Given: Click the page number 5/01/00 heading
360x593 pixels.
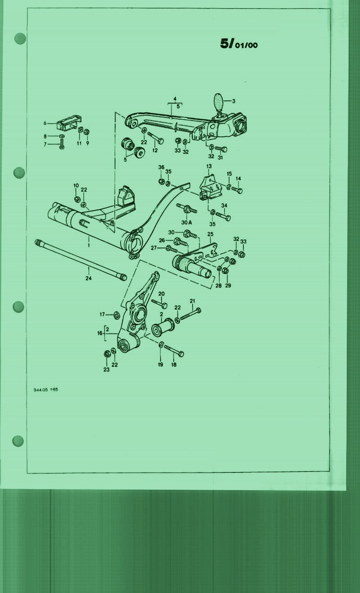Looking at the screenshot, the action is pos(239,44).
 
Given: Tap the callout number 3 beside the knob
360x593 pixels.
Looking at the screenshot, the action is pos(234,101).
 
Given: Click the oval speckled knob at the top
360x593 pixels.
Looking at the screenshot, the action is pos(219,102).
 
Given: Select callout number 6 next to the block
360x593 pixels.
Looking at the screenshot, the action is pos(45,123).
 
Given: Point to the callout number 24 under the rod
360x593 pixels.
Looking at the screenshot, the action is pos(88,278).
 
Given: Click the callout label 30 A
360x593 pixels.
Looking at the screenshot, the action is pos(187,223).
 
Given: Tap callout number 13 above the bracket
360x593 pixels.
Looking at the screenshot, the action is pos(209,166).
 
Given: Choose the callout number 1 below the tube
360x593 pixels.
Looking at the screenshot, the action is pos(89,245).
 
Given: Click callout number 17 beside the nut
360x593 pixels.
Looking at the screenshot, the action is pos(102,314).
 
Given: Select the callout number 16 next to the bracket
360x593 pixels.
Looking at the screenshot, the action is pos(99,333).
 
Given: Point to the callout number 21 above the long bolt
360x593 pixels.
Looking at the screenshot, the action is pos(193,301).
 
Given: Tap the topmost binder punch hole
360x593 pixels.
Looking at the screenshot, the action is pos(20,39).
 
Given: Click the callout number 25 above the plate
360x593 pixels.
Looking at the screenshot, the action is pos(211,234).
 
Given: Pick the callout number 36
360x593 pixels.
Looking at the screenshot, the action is pos(161,167).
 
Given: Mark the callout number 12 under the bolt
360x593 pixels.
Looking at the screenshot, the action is pos(155,150).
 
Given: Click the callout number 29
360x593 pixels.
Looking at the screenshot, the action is pos(228,286).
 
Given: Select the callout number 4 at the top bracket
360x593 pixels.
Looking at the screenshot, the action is pos(175,99).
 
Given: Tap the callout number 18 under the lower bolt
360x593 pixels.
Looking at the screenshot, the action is pos(174,365).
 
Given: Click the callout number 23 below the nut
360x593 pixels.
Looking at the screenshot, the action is pos(106,369).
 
